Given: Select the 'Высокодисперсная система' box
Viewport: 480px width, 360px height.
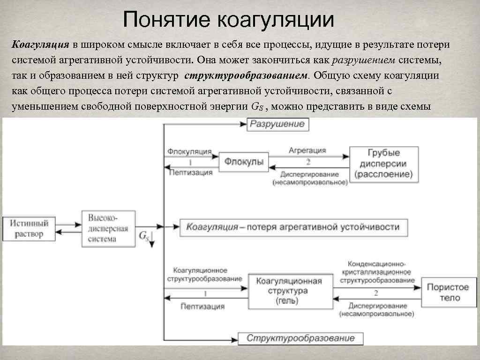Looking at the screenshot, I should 108,228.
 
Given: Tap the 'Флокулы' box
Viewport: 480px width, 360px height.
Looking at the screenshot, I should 243,162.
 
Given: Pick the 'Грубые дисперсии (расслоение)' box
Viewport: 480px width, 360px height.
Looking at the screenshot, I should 383,164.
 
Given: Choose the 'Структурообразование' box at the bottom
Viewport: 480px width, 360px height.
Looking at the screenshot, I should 300,338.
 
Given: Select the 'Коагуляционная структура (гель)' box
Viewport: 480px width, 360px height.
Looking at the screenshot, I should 288,291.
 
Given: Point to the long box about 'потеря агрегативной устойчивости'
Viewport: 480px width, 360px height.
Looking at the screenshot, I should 292,227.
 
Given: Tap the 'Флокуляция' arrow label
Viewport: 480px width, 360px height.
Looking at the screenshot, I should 189,152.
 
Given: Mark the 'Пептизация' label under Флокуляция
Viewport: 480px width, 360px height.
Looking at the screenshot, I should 190,172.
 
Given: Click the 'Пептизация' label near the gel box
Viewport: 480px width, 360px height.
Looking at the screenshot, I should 202,306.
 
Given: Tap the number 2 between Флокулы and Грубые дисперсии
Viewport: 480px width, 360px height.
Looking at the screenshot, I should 308,162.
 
